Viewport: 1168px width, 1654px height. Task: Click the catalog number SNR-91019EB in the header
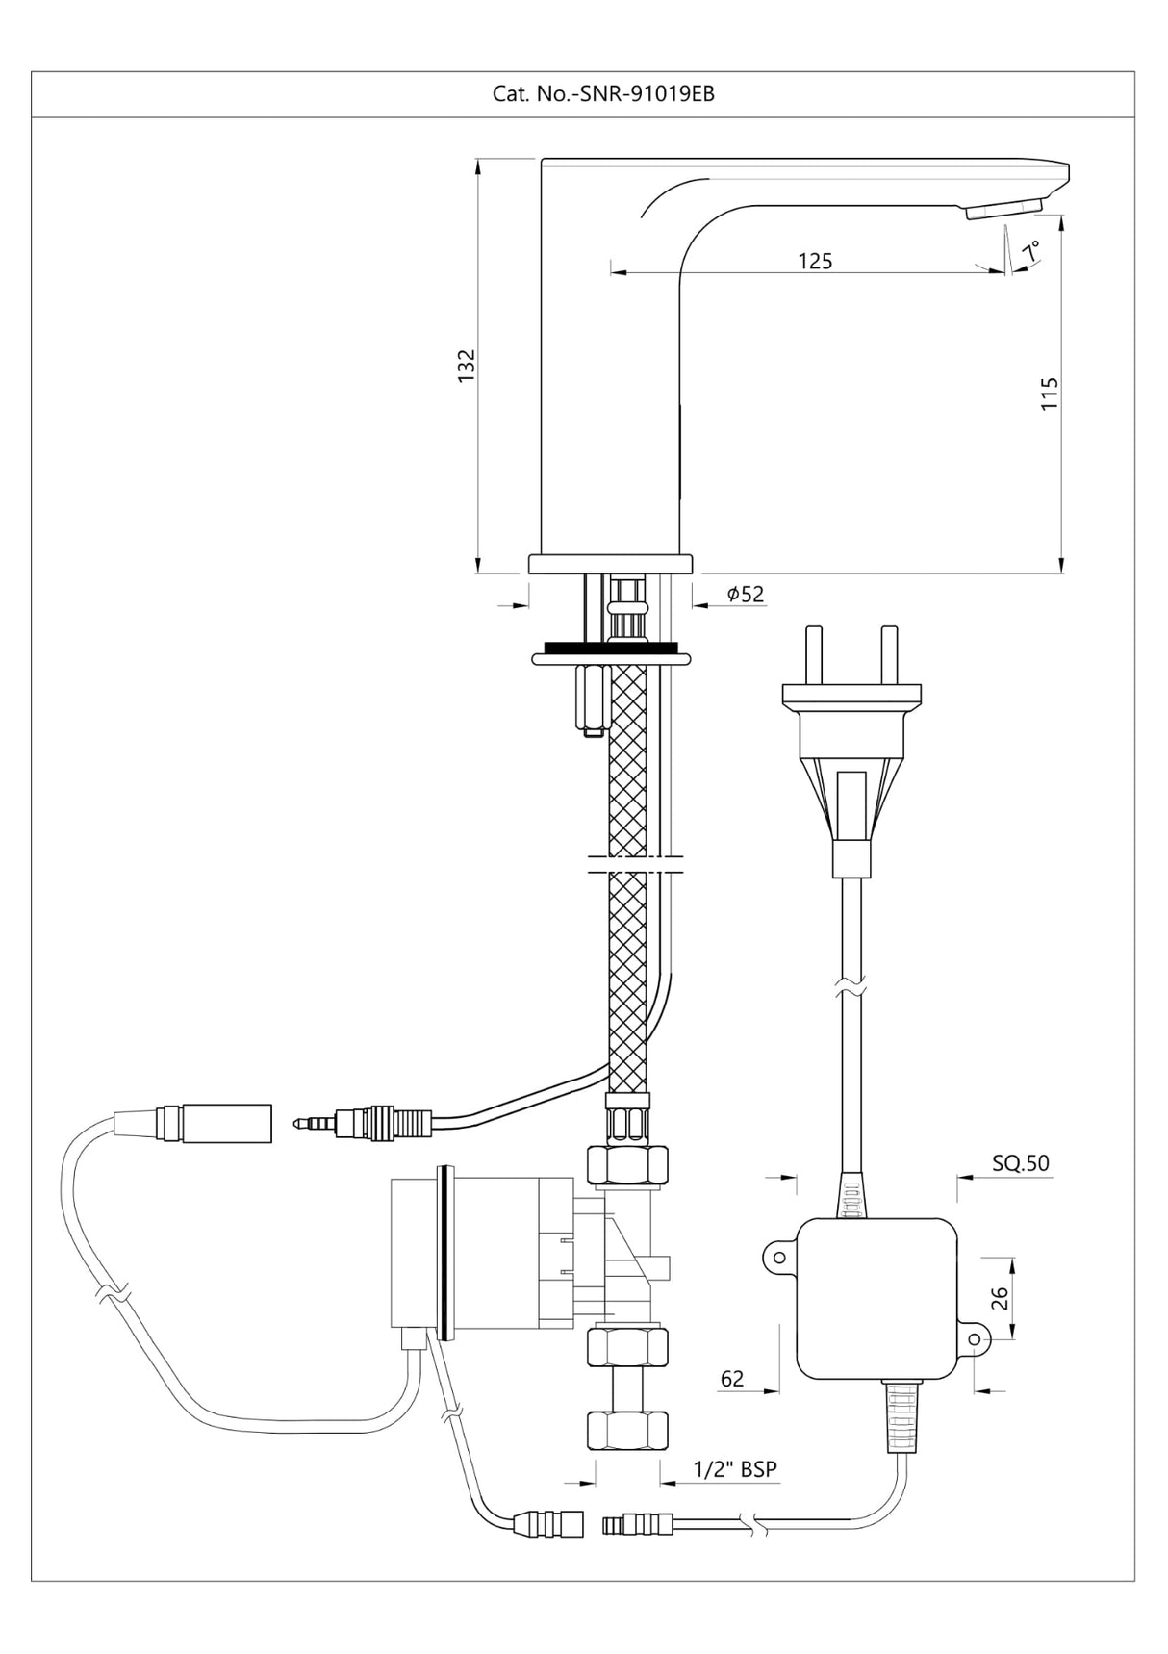pos(603,94)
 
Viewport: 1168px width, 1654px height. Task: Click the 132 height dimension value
pos(467,366)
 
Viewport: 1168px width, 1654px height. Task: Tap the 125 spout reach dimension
pos(815,261)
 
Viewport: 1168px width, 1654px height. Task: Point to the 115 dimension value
pos(1050,393)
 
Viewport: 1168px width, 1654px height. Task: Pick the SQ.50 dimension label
pos(1021,1162)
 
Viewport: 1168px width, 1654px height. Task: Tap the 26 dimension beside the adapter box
pos(999,1299)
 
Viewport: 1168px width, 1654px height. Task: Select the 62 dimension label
pos(732,1379)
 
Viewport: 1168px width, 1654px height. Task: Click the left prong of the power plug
pos(814,654)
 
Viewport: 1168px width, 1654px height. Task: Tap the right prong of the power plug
pos(890,654)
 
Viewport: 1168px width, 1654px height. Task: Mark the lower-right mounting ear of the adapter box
pos(976,1339)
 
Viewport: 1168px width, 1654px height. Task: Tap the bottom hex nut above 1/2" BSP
pos(627,1431)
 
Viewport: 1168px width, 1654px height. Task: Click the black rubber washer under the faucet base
pos(610,648)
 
